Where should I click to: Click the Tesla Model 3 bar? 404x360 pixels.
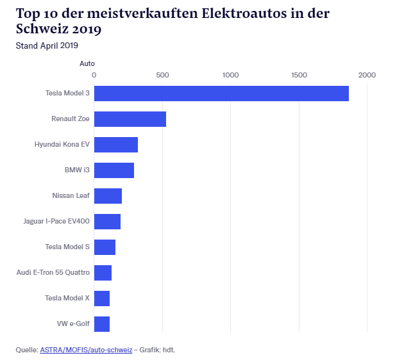pyautogui.click(x=221, y=94)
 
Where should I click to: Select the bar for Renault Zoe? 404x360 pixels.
pyautogui.click(x=130, y=119)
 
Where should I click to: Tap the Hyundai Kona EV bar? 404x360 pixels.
pyautogui.click(x=116, y=145)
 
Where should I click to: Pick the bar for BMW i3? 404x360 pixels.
pyautogui.click(x=114, y=170)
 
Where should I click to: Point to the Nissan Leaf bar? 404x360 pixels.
pyautogui.click(x=108, y=196)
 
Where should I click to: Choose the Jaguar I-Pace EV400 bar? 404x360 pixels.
pyautogui.click(x=107, y=222)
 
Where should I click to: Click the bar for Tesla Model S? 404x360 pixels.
pyautogui.click(x=105, y=247)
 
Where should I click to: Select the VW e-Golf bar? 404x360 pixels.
pyautogui.click(x=102, y=324)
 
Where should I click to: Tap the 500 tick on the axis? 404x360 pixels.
pyautogui.click(x=162, y=76)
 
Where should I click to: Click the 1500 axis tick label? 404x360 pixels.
pyautogui.click(x=299, y=76)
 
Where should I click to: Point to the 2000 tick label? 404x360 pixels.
pyautogui.click(x=367, y=76)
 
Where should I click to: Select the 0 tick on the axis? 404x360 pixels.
pyautogui.click(x=94, y=76)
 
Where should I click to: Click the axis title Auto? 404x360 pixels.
pyautogui.click(x=87, y=63)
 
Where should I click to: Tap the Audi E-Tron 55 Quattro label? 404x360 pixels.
pyautogui.click(x=53, y=273)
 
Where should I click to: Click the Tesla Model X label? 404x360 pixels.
pyautogui.click(x=67, y=299)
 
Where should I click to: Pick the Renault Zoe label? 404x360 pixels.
pyautogui.click(x=71, y=119)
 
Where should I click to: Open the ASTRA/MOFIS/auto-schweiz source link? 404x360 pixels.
pyautogui.click(x=86, y=350)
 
